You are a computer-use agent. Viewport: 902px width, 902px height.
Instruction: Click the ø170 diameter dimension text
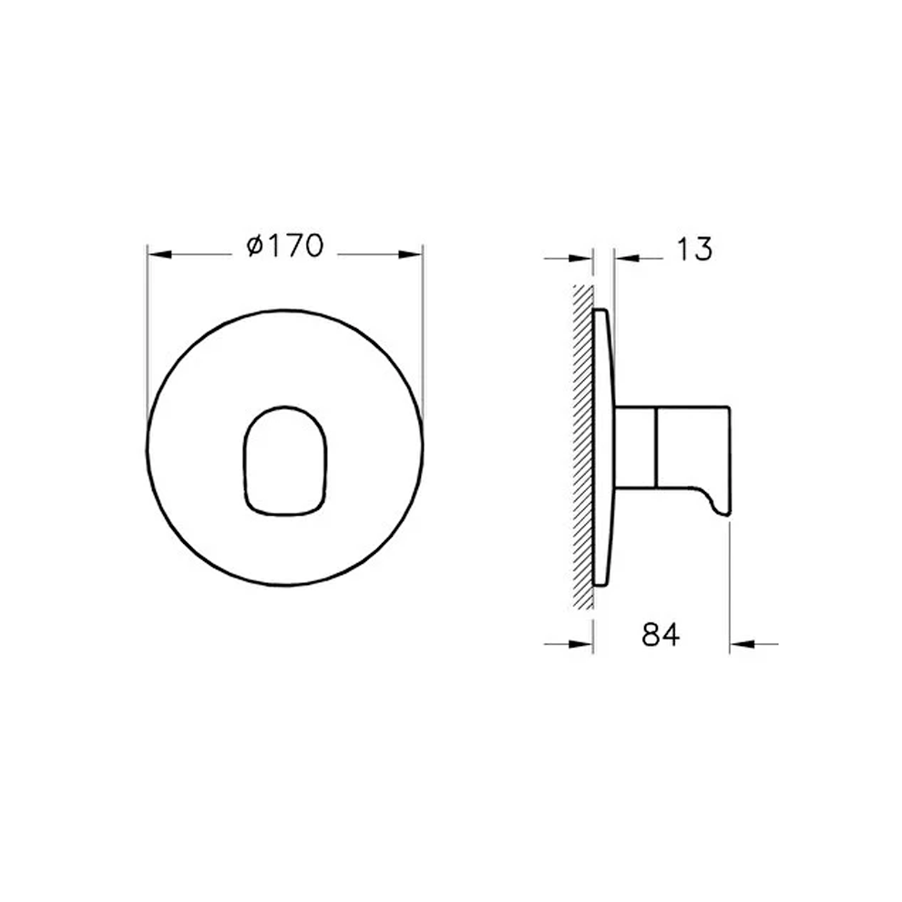(285, 246)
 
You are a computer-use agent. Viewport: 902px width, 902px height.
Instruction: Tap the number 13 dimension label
(693, 249)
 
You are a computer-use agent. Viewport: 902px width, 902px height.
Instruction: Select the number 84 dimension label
(661, 635)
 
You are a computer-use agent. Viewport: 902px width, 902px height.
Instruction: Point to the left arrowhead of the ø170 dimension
(160, 253)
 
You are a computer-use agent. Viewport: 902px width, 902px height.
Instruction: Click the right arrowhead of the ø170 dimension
(411, 253)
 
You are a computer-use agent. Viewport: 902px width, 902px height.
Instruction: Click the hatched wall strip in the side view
(583, 446)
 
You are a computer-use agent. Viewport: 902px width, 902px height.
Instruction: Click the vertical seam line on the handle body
(655, 447)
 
